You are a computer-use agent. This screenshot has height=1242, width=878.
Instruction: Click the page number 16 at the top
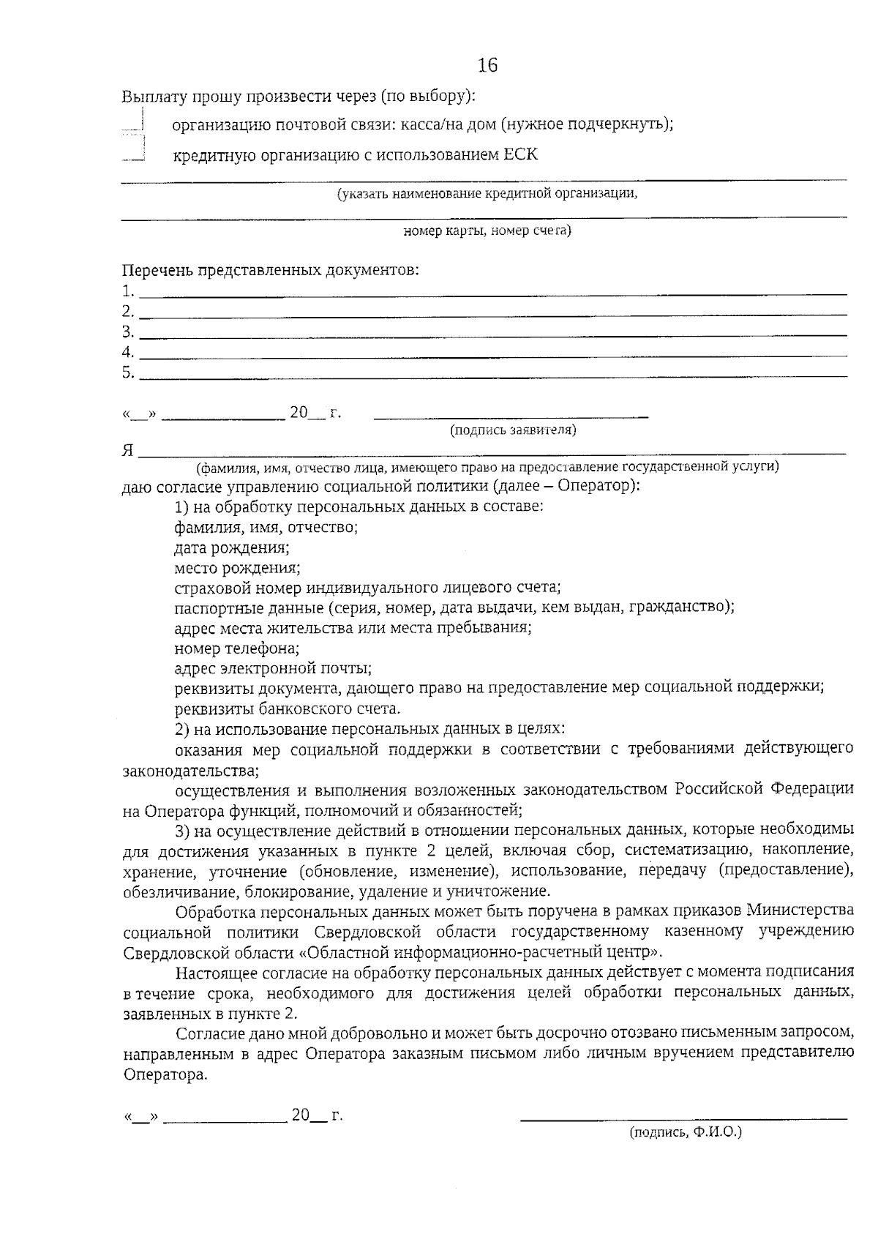pos(487,66)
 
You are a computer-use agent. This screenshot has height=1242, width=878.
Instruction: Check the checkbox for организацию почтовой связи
pos(134,122)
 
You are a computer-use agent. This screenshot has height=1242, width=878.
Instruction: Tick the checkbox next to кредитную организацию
pos(134,150)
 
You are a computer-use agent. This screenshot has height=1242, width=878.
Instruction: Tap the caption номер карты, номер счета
pos(487,231)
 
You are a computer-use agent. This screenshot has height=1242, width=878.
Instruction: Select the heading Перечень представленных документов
pos(271,270)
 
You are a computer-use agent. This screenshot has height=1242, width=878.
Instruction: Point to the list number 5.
pos(128,373)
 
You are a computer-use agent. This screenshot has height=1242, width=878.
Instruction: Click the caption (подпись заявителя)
pos(513,430)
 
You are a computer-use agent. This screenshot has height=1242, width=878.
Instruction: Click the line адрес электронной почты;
pos(273,668)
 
